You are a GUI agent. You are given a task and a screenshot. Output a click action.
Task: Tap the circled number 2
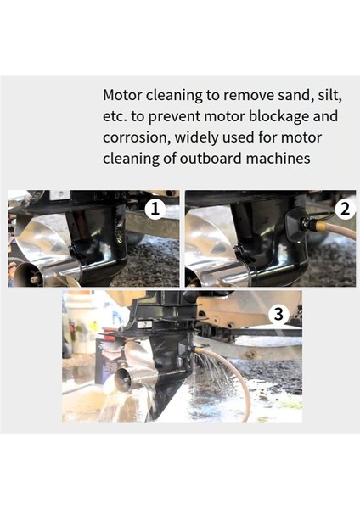pos(343,207)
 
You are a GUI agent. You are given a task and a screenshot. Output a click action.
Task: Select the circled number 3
pos(277,314)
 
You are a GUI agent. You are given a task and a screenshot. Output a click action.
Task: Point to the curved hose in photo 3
pos(239,390)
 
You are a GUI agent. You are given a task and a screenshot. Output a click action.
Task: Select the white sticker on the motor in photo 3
pos(145,324)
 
